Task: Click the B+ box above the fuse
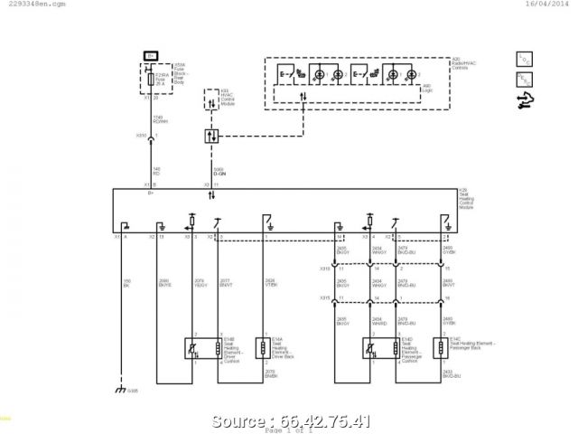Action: click(x=151, y=55)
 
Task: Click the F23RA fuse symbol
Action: click(x=151, y=82)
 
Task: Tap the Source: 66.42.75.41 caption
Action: click(x=288, y=420)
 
